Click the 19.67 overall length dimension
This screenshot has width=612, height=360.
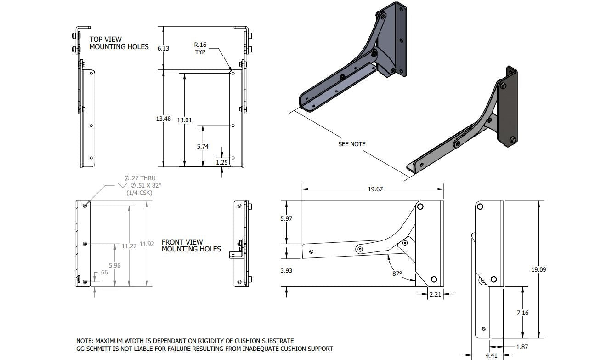[375, 189]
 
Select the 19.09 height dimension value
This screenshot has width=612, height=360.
[538, 269]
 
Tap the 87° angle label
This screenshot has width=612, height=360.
[397, 274]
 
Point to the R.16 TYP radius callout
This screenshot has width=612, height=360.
[200, 48]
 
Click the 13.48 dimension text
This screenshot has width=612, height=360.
[163, 119]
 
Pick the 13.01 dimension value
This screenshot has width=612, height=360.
[184, 120]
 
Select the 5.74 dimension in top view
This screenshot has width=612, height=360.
[202, 146]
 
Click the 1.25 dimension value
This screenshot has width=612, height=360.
[222, 162]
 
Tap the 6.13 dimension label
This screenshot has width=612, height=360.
[163, 48]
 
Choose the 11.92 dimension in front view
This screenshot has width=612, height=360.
[147, 244]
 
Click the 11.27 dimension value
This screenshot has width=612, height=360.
[129, 246]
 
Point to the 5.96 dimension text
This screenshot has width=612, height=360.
[114, 265]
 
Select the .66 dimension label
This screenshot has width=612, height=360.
[104, 273]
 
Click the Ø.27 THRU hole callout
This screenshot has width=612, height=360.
[140, 178]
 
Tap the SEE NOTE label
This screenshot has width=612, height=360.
[352, 144]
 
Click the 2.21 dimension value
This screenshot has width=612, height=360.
[435, 294]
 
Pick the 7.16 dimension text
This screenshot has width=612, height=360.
[522, 313]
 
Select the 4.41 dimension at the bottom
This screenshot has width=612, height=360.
[491, 355]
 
